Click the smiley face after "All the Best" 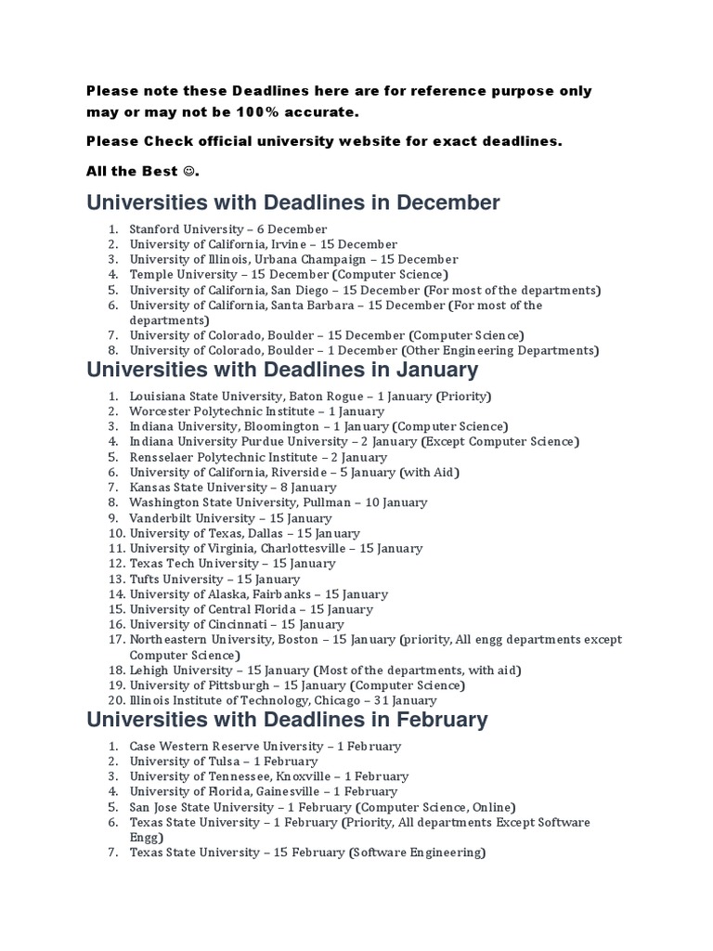pyautogui.click(x=190, y=171)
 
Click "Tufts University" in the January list pyautogui.click(x=171, y=579)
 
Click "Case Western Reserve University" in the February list pyautogui.click(x=220, y=746)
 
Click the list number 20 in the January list pyautogui.click(x=116, y=701)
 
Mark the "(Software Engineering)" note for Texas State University pyautogui.click(x=418, y=853)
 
